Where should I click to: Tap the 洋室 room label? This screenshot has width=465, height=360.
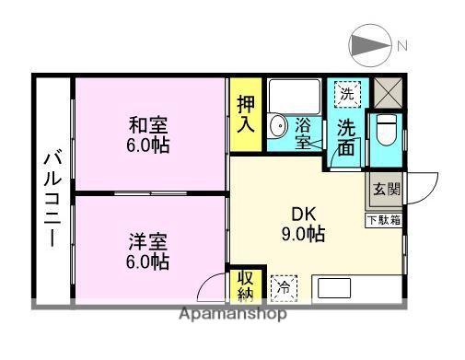(x=147, y=243)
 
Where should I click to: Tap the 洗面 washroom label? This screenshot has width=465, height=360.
(x=346, y=138)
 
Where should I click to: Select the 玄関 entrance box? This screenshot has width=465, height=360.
(x=385, y=192)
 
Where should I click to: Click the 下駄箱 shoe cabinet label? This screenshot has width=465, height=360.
(x=385, y=219)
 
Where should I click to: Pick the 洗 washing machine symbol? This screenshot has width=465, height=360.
(x=346, y=93)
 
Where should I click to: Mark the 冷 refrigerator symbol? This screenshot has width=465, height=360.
(x=285, y=286)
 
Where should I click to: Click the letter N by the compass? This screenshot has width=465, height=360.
(x=401, y=45)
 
